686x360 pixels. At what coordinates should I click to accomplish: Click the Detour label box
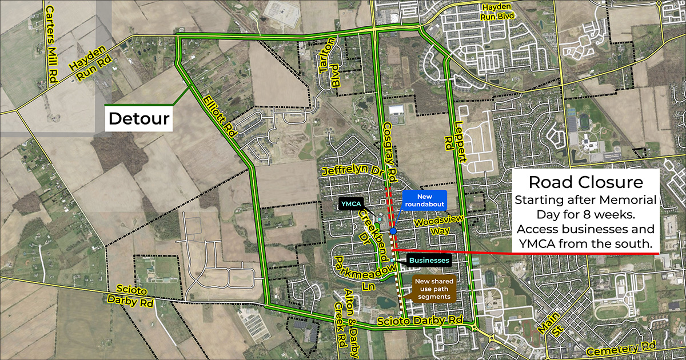139,119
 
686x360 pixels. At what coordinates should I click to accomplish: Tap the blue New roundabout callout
423,201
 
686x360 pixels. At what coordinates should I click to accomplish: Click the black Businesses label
429,261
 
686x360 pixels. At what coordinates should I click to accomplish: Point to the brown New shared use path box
434,289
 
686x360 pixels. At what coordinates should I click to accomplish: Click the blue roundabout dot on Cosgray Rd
393,231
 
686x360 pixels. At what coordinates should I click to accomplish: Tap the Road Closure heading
586,183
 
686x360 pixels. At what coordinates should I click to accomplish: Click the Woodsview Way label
437,225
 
